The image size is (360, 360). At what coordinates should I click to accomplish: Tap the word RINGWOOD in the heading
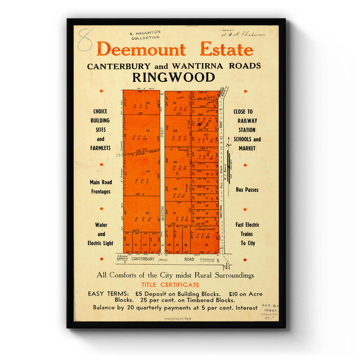(x=174, y=77)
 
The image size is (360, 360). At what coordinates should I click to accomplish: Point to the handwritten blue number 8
(x=85, y=39)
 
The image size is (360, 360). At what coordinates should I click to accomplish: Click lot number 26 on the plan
(x=148, y=103)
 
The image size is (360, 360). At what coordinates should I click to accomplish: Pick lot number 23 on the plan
(x=147, y=213)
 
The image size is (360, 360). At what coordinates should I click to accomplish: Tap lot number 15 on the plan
(x=206, y=245)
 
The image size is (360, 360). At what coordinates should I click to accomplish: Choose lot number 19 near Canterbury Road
(x=154, y=245)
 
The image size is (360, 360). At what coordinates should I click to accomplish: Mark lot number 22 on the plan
(x=128, y=245)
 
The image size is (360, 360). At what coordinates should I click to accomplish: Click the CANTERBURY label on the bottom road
(x=143, y=259)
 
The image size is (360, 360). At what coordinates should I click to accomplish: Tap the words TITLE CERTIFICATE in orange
(x=170, y=285)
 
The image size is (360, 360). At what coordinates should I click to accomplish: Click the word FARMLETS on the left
(x=101, y=148)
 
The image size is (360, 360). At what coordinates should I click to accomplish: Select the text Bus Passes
(x=247, y=190)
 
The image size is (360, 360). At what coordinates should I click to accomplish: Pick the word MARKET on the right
(x=247, y=148)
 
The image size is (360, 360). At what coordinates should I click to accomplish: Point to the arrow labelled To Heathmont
(x=208, y=261)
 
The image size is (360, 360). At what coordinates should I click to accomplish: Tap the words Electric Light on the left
(x=101, y=243)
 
